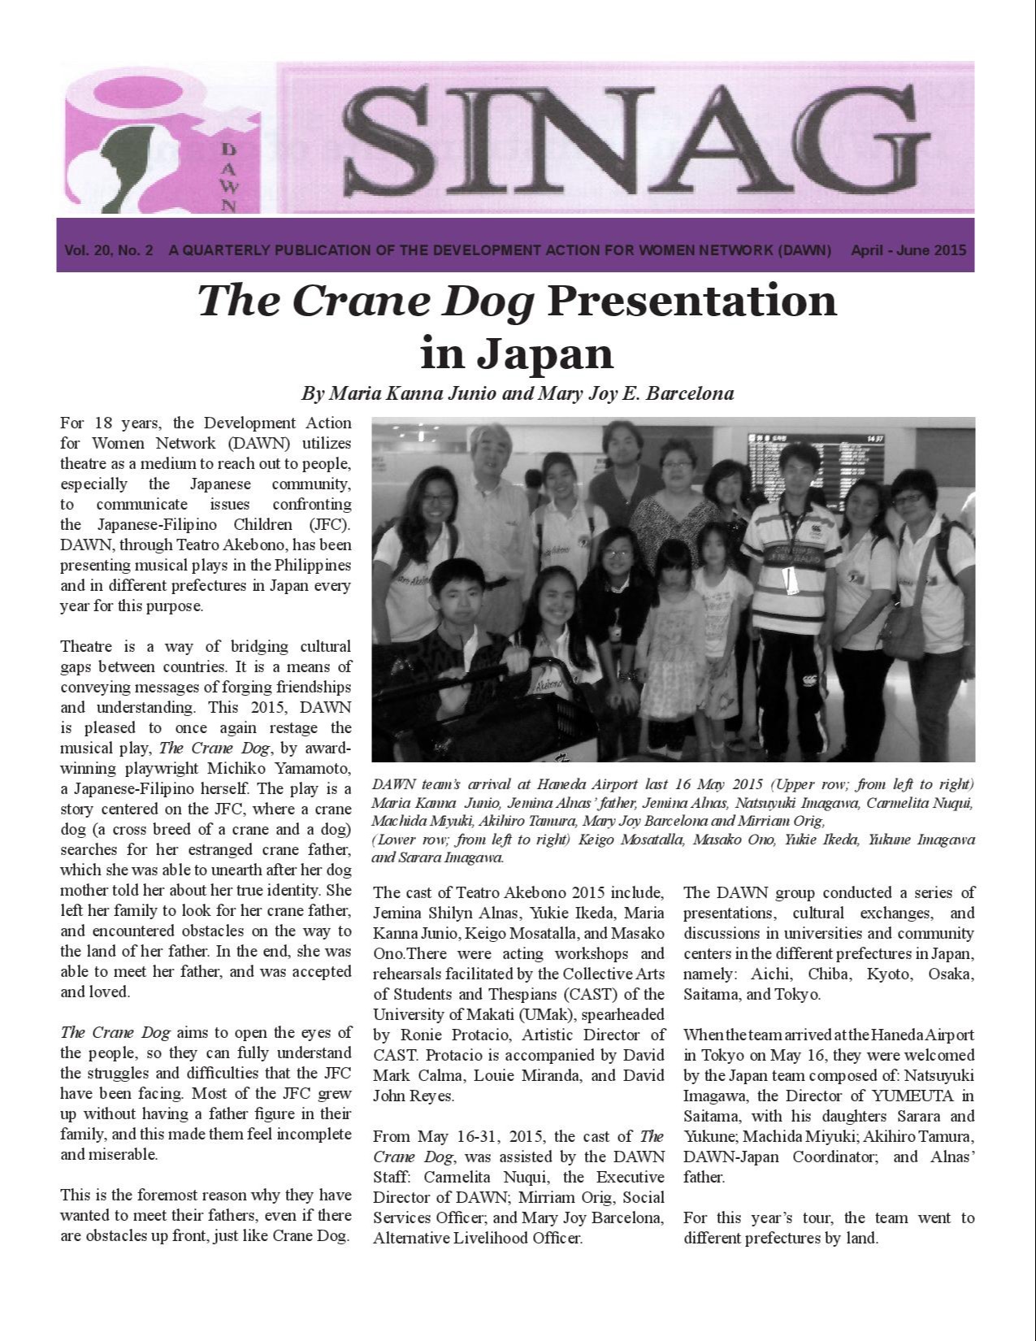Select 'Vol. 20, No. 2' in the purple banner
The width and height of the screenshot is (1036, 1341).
point(109,250)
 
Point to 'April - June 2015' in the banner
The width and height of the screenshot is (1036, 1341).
point(908,250)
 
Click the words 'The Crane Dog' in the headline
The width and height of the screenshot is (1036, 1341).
point(366,301)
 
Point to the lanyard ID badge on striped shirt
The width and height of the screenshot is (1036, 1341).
point(786,578)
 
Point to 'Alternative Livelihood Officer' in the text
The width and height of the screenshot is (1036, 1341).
point(477,1239)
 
